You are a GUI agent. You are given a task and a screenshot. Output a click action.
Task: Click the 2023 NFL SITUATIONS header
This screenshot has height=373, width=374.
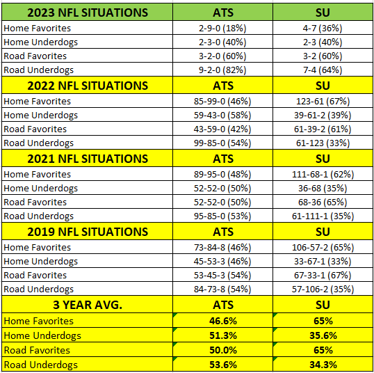[88, 13]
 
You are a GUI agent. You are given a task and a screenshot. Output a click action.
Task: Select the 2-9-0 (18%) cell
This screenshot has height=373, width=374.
[222, 28]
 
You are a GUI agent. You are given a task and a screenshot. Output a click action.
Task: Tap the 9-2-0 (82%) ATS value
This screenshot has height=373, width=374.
[222, 70]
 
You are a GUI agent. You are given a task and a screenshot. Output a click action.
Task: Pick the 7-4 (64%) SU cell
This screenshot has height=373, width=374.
[323, 70]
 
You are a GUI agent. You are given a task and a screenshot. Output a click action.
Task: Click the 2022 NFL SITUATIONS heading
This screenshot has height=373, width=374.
[88, 86]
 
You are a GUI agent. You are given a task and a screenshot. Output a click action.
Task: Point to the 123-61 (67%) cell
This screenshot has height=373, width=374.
[323, 101]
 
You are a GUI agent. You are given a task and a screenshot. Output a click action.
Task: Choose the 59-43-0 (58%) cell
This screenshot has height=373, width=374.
[222, 115]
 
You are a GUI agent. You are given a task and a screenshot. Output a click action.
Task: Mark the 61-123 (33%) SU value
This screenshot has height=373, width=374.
[323, 143]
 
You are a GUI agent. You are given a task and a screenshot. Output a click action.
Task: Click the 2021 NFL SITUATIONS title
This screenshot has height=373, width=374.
[88, 159]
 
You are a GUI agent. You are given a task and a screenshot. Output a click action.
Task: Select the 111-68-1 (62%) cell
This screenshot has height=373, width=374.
[323, 174]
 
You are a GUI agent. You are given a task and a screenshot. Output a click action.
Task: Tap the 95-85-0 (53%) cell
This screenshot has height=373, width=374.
[222, 216]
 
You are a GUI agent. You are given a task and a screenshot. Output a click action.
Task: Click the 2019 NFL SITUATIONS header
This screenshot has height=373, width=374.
[88, 232]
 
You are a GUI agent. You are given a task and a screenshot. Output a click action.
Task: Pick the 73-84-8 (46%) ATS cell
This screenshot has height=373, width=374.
[222, 248]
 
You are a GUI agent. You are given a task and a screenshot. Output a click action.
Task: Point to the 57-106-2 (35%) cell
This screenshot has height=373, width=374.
[323, 289]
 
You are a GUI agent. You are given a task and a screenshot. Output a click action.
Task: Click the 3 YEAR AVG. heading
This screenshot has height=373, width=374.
[88, 305]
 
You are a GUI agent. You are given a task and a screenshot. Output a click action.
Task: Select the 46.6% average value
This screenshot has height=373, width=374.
[223, 321]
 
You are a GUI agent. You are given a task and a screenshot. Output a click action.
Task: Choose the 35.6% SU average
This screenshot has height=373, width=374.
[323, 335]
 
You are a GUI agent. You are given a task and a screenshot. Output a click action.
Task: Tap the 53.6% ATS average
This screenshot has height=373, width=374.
[223, 365]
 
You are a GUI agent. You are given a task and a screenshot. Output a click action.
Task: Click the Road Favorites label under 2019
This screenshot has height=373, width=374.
[35, 275]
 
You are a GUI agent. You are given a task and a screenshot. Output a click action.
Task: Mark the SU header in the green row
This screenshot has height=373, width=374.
[323, 13]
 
